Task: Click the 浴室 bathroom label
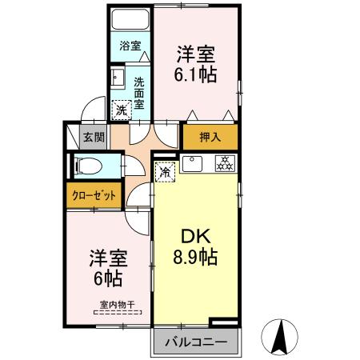click(130, 46)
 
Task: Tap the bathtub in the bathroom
click(130, 19)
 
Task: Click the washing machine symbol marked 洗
click(122, 109)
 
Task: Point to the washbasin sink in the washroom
click(118, 78)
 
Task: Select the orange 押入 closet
click(210, 137)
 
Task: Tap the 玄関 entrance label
click(94, 137)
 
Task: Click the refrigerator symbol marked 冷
click(164, 170)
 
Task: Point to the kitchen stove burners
click(225, 164)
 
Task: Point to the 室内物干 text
click(117, 303)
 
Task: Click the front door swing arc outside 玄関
click(94, 108)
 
